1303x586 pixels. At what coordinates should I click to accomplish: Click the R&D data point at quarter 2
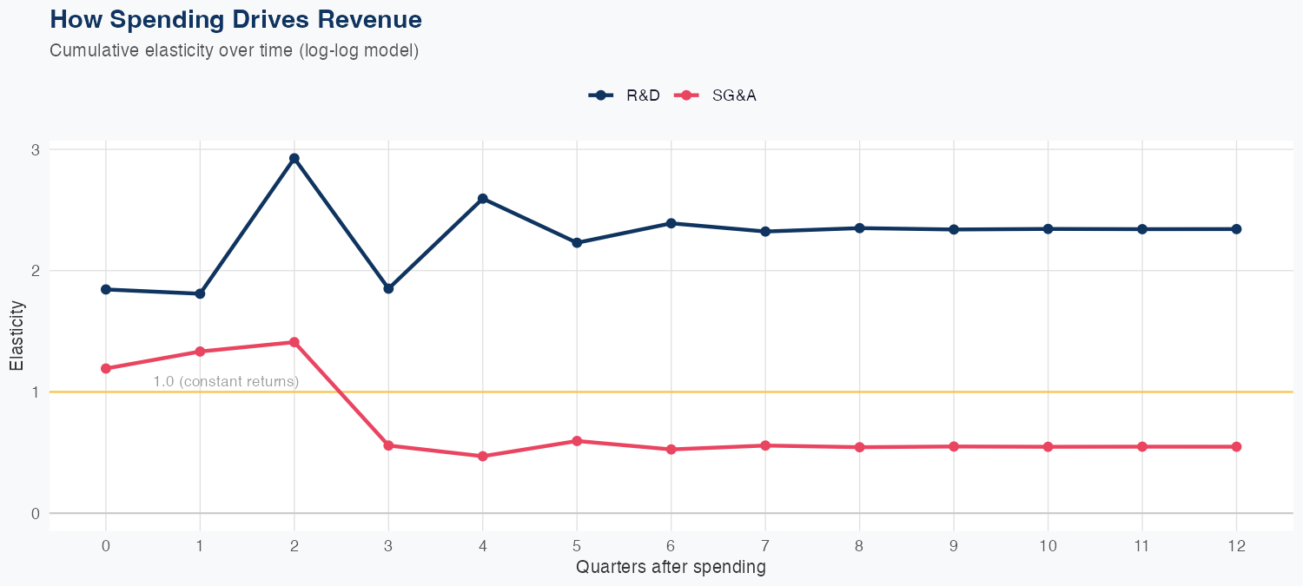click(x=294, y=158)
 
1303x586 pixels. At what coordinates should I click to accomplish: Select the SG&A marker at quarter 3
click(x=388, y=445)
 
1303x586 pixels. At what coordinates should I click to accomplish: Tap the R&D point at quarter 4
click(x=483, y=199)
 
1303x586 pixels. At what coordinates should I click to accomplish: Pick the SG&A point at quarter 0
click(x=106, y=368)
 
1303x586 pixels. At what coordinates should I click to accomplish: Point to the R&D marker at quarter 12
click(x=1236, y=229)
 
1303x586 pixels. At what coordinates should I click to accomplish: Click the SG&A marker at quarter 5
click(x=577, y=441)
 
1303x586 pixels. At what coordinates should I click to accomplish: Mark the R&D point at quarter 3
click(x=388, y=288)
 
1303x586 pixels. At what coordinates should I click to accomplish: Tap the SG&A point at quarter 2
click(x=294, y=342)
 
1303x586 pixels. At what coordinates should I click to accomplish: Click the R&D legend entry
click(x=625, y=95)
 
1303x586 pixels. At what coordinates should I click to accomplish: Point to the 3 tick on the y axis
click(x=36, y=149)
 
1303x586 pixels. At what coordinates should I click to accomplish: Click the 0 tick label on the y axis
click(x=36, y=513)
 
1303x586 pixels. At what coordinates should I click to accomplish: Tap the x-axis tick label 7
click(x=765, y=546)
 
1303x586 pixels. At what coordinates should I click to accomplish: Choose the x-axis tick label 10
click(x=1048, y=546)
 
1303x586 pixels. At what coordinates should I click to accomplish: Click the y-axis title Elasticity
click(x=17, y=335)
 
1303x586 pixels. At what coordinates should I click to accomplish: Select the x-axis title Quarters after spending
click(x=671, y=568)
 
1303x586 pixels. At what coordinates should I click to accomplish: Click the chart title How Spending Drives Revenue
click(x=236, y=19)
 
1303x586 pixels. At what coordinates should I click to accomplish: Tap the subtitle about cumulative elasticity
click(x=235, y=50)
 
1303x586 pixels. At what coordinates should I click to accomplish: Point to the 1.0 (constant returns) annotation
click(x=226, y=381)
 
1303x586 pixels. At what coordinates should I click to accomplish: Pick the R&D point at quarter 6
click(x=671, y=223)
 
